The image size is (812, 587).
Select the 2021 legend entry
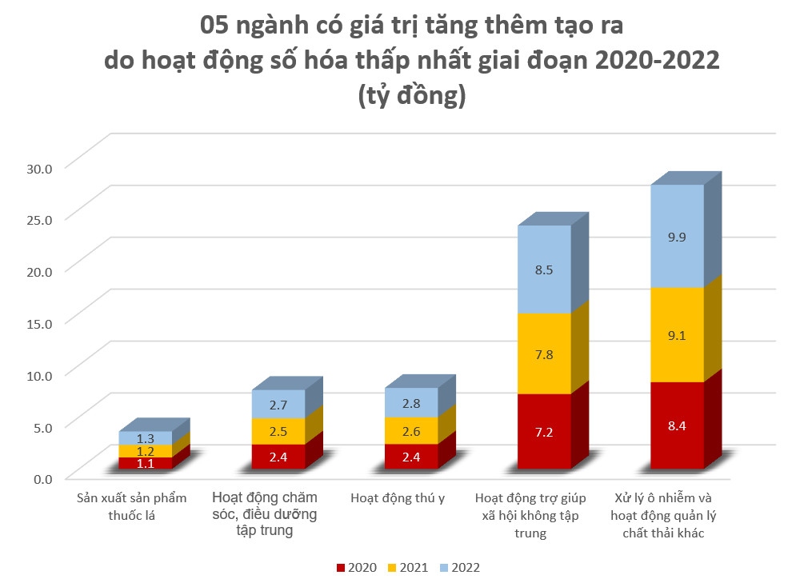tap(408, 568)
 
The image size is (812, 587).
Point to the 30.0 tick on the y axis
tap(38, 168)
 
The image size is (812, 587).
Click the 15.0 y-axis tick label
tap(38, 322)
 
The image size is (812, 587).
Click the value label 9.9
tap(677, 236)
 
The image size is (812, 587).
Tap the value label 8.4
tap(677, 425)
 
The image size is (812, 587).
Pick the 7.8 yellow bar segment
tap(544, 353)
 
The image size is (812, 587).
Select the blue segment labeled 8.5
tap(544, 270)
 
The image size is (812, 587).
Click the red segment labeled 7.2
tap(544, 432)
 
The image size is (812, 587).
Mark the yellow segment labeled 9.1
tap(677, 335)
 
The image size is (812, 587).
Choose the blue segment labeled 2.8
tap(411, 402)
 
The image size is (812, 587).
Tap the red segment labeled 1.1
tap(146, 463)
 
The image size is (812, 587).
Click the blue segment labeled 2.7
tap(278, 404)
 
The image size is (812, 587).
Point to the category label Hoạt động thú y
tap(398, 498)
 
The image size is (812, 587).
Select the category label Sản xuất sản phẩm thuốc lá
tap(131, 506)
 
